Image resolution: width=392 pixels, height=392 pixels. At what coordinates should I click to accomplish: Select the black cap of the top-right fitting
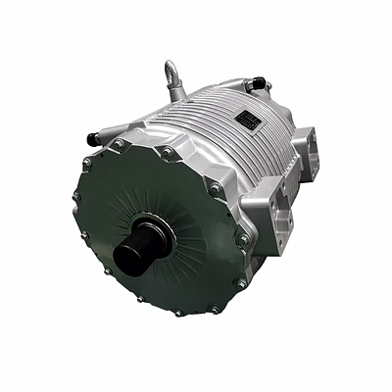click(260, 82)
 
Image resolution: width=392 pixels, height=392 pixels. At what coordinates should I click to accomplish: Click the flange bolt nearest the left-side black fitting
click(119, 143)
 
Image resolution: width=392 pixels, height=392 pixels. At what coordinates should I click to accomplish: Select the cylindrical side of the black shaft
click(147, 245)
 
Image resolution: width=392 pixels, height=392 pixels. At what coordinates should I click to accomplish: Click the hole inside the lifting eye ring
click(171, 71)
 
